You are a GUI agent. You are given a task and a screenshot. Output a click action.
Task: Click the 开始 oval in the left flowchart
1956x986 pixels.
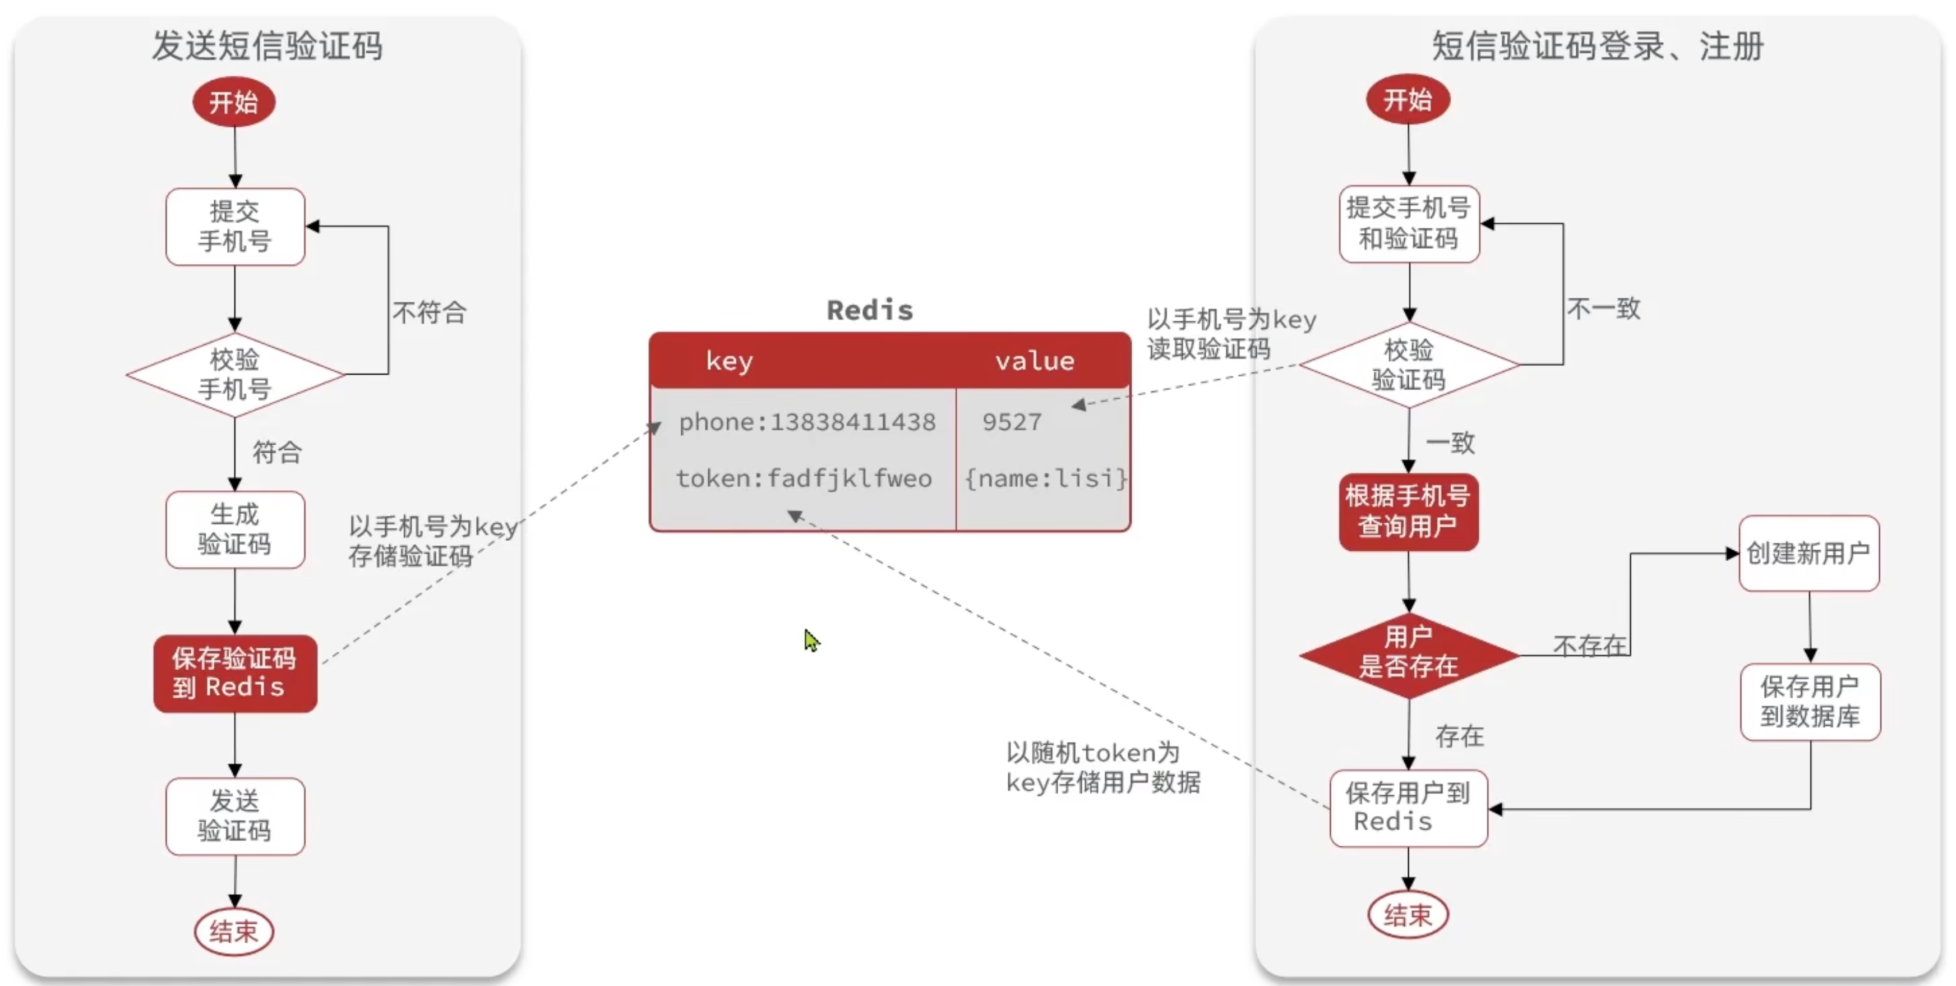234,102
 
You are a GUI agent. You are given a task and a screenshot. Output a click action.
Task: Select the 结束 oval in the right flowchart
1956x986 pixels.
1408,915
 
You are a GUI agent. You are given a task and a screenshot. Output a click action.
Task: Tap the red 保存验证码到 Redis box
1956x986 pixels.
234,673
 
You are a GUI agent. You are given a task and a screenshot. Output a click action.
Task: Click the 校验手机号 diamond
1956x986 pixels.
234,375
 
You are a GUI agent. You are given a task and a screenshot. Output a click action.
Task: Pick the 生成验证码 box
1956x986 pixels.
234,529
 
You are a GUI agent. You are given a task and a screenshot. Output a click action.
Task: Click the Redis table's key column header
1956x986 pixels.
729,361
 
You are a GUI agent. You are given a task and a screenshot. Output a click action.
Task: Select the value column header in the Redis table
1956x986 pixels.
1034,361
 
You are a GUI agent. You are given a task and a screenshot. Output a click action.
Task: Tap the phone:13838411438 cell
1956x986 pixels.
806,422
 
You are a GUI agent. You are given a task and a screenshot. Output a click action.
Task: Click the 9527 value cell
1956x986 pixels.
1012,422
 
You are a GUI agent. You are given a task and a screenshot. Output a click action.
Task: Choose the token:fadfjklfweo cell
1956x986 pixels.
804,478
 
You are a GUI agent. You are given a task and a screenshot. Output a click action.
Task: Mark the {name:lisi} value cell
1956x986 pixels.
1045,478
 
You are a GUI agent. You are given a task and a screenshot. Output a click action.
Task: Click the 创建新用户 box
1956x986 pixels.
1809,553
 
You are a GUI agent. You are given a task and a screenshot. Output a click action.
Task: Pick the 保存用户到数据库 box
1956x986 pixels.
1810,701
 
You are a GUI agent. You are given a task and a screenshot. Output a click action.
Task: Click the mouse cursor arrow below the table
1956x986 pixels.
811,639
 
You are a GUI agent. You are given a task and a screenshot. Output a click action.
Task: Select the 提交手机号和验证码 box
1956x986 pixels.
1409,223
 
